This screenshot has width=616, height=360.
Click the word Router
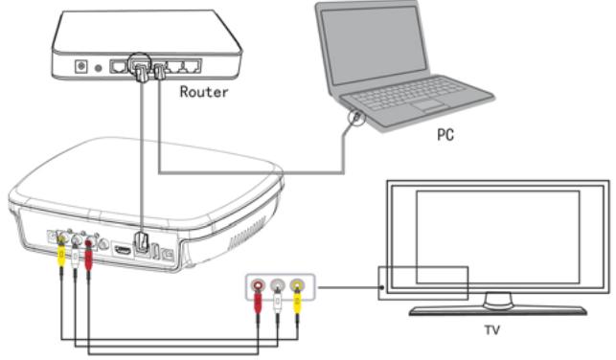pos(203,92)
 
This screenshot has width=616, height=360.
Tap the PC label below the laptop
pos(445,135)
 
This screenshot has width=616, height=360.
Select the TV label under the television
pos(491,329)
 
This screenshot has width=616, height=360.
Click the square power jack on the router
pos(80,66)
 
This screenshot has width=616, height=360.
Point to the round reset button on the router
pos(99,68)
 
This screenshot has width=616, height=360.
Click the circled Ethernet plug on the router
pos(141,70)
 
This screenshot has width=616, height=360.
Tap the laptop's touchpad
pos(427,104)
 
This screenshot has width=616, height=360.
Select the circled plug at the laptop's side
pos(356,117)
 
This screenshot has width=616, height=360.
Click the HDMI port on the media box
pos(123,249)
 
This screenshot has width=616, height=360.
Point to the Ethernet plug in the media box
pos(142,243)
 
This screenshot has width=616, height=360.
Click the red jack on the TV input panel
pos(258,284)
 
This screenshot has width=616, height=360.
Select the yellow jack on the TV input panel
pos(297,284)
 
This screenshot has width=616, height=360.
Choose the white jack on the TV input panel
pos(278,284)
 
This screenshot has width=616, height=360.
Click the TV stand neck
pos(498,301)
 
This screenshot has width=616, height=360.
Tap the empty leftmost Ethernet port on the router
pos(118,67)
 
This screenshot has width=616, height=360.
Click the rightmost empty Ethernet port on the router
pos(192,66)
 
